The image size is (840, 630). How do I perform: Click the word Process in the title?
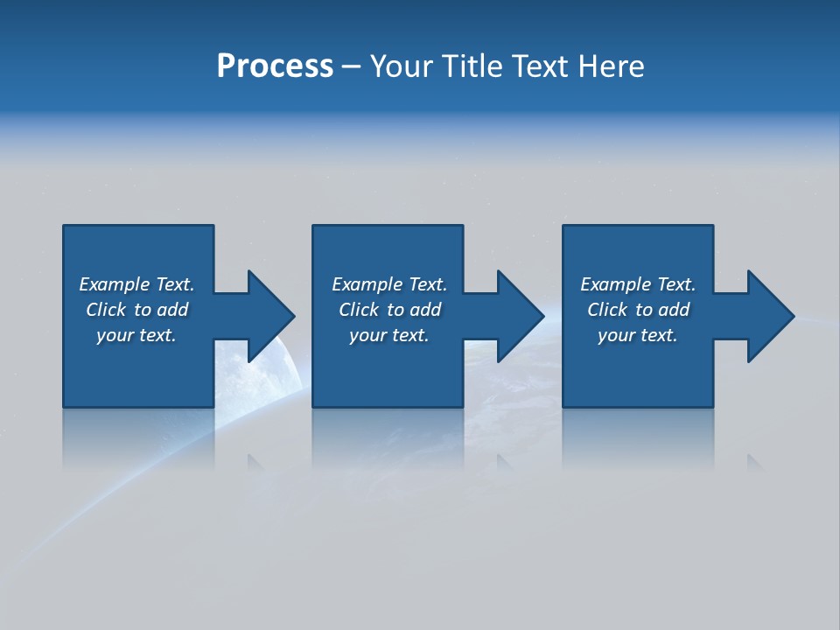(x=275, y=66)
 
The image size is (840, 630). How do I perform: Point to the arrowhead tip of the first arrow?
(x=293, y=316)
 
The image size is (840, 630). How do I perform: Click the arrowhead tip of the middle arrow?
(x=542, y=316)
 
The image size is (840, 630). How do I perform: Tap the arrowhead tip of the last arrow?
(x=793, y=316)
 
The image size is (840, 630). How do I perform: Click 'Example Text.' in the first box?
(x=136, y=284)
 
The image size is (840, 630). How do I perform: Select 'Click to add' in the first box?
(x=136, y=310)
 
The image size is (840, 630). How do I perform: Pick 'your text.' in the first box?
(x=136, y=335)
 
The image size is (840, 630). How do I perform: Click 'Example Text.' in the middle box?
(x=389, y=284)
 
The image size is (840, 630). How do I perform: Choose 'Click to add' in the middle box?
(x=389, y=310)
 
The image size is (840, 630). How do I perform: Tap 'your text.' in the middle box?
(x=389, y=335)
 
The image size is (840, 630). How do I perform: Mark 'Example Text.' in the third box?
(x=638, y=284)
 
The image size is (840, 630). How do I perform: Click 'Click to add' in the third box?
(x=638, y=310)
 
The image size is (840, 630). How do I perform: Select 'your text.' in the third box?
(x=638, y=335)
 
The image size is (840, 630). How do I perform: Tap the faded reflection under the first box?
(x=138, y=437)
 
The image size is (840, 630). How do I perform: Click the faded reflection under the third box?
(x=637, y=437)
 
